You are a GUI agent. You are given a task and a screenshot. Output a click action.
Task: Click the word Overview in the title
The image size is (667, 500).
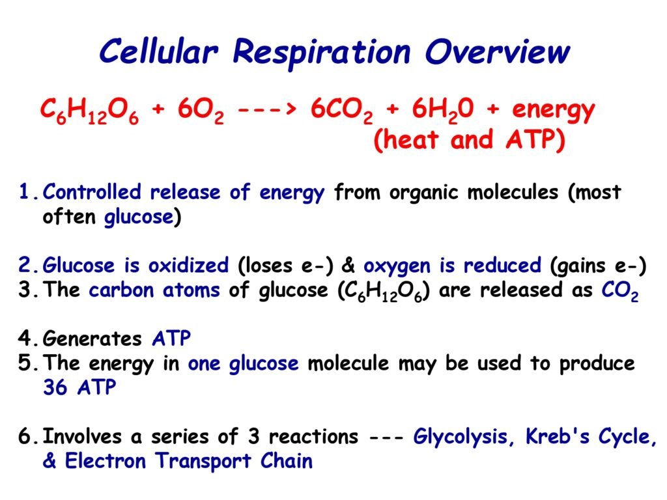coord(497,52)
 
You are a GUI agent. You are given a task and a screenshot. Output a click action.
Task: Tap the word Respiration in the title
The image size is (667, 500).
coord(322,53)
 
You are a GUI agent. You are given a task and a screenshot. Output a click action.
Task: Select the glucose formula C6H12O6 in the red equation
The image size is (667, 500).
coord(90,111)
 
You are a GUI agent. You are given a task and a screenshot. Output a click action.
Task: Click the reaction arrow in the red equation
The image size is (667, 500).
coord(266,110)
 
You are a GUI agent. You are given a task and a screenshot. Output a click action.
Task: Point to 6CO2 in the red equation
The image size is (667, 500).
coord(341,111)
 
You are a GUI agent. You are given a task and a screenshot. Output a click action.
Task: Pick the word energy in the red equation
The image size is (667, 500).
coord(553,111)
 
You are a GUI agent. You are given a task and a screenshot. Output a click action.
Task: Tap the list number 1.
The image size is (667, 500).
coord(24,192)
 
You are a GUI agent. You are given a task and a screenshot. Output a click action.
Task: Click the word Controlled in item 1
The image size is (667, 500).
coord(92,192)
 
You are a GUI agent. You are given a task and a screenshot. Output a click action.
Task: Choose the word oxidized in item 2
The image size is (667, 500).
coord(188,266)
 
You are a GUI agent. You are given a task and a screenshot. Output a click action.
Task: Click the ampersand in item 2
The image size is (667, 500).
coord(348,266)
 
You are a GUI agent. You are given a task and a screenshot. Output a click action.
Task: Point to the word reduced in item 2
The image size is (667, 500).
coord(502,266)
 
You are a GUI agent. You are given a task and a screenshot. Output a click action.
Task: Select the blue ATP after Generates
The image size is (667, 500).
coord(171,339)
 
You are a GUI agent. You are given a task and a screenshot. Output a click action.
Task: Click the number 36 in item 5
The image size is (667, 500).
coord(55,387)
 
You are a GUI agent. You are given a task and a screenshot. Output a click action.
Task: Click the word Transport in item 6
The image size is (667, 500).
coord(203,462)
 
